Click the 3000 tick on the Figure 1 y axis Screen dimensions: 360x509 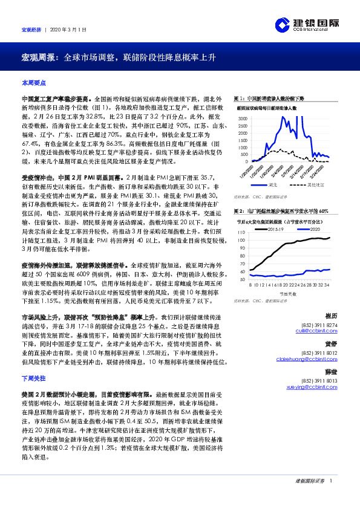(243, 118)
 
